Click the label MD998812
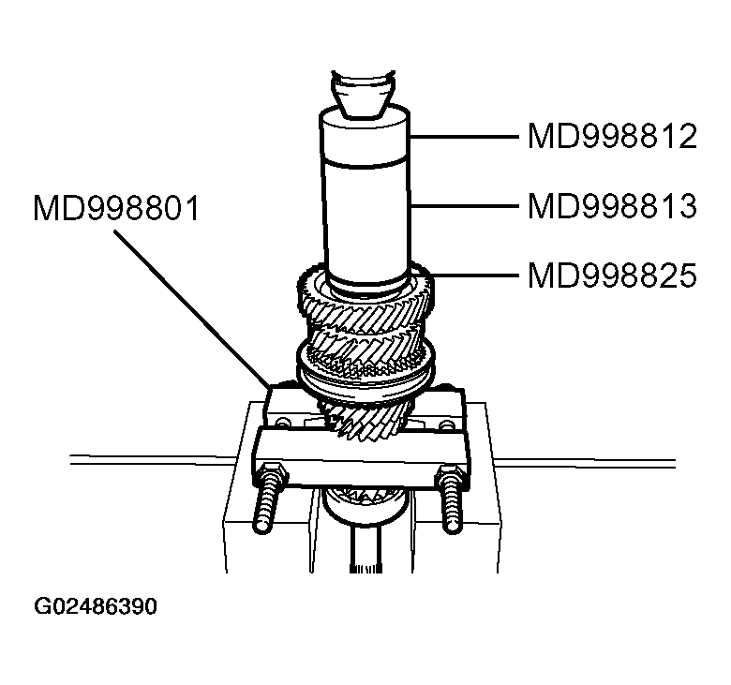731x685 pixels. pos(612,137)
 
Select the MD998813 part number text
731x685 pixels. pos(612,205)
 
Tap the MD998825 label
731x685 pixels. pos(612,275)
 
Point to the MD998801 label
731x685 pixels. pos(116,207)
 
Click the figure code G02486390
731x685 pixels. pos(96,606)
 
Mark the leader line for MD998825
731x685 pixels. pos(474,275)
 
